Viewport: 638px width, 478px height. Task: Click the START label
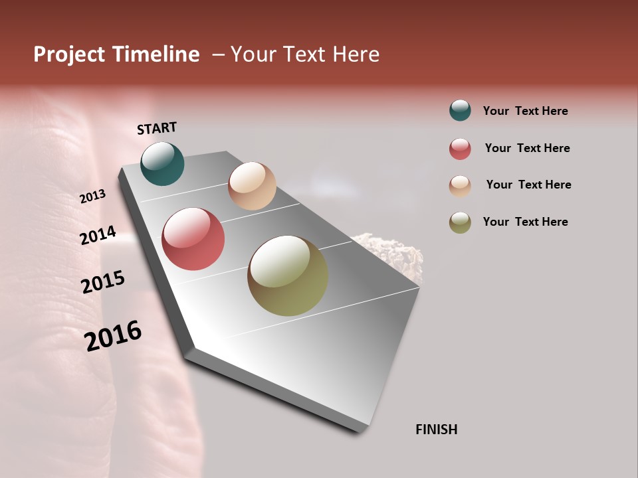tap(157, 128)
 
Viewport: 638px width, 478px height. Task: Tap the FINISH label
tap(437, 430)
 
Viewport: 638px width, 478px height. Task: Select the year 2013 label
tap(92, 197)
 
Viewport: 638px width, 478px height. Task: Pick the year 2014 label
tap(98, 236)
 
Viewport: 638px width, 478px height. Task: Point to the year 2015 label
tap(103, 282)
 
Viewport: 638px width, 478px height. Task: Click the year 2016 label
tap(113, 335)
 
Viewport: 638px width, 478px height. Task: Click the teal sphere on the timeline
tap(162, 163)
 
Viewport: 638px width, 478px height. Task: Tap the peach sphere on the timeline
tap(252, 186)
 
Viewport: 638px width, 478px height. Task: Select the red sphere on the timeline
tap(193, 239)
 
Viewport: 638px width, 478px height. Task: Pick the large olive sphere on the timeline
tap(288, 276)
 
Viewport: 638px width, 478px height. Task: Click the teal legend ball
tap(460, 110)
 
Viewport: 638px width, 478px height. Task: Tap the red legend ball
tap(460, 149)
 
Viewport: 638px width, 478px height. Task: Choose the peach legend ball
tap(460, 186)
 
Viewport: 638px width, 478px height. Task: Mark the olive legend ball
tap(460, 222)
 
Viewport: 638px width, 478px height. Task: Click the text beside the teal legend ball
tap(525, 111)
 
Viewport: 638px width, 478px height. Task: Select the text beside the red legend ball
tap(527, 148)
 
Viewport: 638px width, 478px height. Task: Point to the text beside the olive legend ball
tap(525, 222)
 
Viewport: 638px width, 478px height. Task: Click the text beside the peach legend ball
tap(528, 185)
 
